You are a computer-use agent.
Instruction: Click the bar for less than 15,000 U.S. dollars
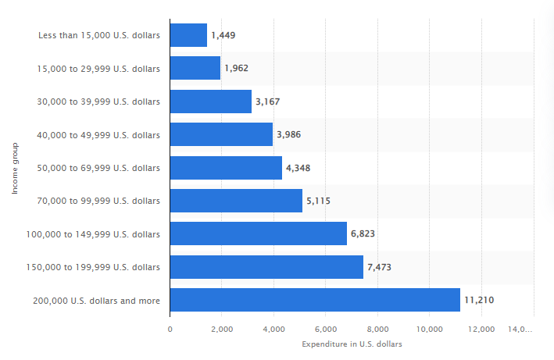(x=188, y=35)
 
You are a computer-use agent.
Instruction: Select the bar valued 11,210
(x=315, y=300)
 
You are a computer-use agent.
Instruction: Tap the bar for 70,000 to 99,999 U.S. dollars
(x=236, y=201)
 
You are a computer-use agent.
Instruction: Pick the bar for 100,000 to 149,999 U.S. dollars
(x=258, y=233)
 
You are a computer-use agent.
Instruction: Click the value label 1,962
(x=236, y=69)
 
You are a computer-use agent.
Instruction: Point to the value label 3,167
(x=267, y=102)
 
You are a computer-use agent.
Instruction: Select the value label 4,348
(x=298, y=168)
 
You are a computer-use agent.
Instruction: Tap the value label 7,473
(x=379, y=267)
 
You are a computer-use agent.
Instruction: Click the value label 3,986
(x=288, y=134)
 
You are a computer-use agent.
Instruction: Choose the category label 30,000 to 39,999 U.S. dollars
(x=98, y=102)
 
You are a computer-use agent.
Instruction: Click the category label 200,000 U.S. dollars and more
(x=96, y=300)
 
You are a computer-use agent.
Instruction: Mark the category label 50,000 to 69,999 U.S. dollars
(x=98, y=168)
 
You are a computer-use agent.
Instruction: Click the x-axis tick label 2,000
(x=222, y=329)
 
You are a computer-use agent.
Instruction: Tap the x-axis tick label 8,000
(x=377, y=329)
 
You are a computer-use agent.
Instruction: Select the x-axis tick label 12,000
(x=481, y=329)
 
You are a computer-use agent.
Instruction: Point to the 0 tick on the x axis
(x=170, y=329)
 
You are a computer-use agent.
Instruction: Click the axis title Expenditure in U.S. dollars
(x=352, y=344)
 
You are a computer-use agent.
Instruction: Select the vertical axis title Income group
(x=15, y=168)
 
